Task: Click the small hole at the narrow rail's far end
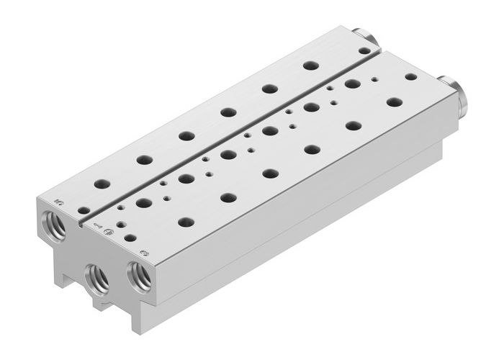[x=364, y=50]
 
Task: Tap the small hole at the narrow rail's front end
[x=84, y=211]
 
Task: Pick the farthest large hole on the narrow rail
[x=310, y=66]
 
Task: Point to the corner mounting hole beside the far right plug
[x=411, y=76]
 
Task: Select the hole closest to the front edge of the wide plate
[x=130, y=236]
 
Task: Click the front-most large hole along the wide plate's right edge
[x=186, y=222]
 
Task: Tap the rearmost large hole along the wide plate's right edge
[x=393, y=102]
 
